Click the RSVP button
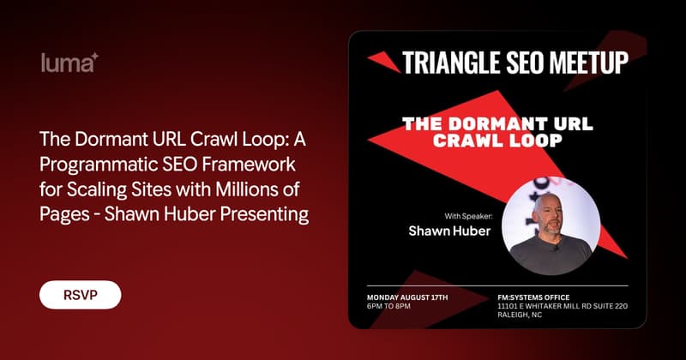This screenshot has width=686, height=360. coord(80,295)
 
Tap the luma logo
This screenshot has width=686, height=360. coord(69,63)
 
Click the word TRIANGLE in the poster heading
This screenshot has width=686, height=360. coord(452,63)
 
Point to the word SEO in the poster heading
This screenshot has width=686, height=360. coord(526,63)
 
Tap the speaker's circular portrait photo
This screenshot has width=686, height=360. coord(551,225)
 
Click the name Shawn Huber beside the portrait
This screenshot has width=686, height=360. coord(449,231)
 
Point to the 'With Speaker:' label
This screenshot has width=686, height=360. coord(468,216)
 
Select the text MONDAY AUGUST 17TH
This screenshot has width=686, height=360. coord(407,297)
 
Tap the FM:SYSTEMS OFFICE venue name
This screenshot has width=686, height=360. coord(533,297)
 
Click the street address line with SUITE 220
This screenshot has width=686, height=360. coord(563,306)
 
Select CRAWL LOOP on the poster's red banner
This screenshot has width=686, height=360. coord(497,141)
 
